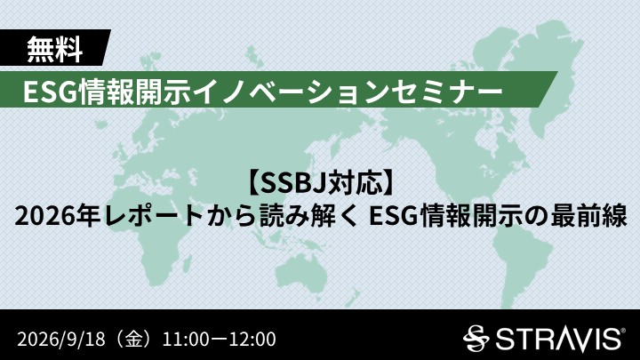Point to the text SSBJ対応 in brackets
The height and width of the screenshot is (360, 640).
(323, 183)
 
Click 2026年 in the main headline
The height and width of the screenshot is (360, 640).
(57, 216)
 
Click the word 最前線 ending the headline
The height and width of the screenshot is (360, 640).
(589, 216)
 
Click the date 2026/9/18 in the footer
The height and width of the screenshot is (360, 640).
(61, 340)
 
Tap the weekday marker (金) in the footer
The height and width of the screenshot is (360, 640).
(134, 340)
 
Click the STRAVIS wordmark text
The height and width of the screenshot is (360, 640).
(557, 340)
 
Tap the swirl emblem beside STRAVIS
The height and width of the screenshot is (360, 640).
(476, 339)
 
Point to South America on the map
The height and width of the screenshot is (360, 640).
(523, 265)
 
